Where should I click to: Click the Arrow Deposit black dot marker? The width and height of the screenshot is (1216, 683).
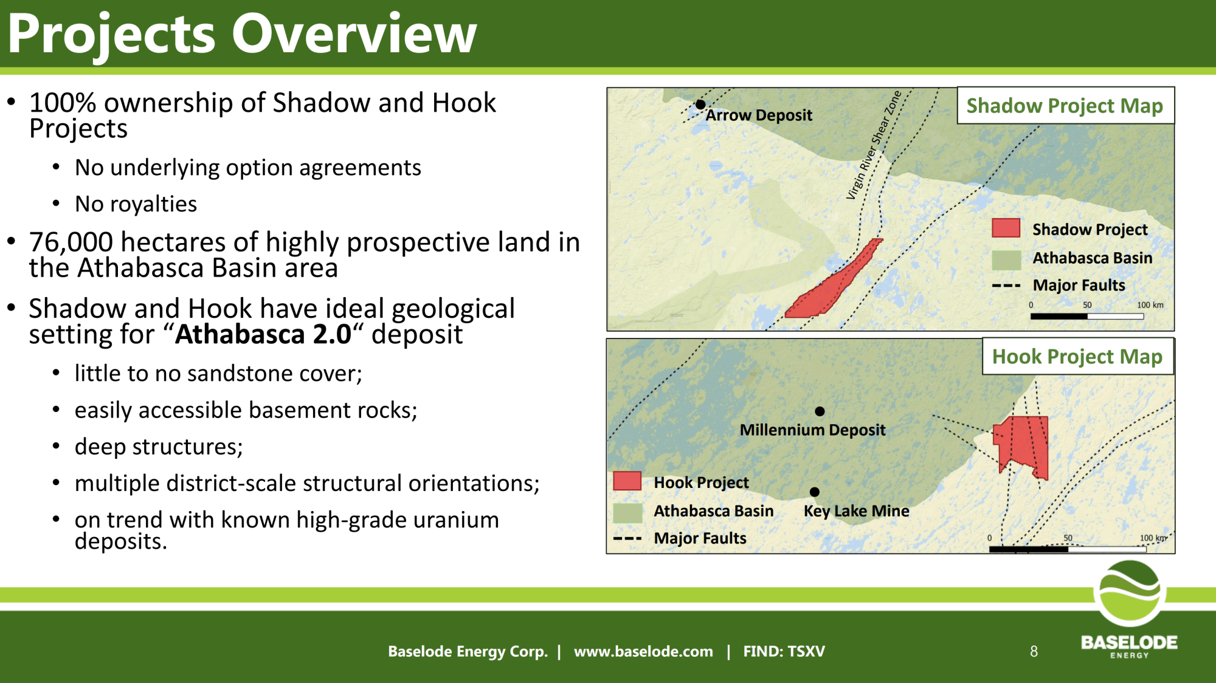click(700, 105)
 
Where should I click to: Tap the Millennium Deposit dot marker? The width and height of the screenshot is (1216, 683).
click(820, 411)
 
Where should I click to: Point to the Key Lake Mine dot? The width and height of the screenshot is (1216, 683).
click(815, 492)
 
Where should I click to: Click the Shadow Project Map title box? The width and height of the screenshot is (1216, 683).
click(1066, 106)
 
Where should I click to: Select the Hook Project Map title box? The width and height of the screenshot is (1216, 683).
click(1078, 357)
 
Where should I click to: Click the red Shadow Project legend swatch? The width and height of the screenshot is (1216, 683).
click(1006, 228)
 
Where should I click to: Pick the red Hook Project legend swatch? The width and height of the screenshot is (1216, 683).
click(627, 481)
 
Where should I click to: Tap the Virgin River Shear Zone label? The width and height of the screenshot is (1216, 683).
click(874, 145)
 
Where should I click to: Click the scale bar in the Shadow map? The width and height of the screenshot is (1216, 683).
click(1087, 316)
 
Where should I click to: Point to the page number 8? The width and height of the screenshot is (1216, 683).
click(1034, 651)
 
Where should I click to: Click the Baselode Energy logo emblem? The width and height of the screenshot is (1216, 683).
click(1130, 594)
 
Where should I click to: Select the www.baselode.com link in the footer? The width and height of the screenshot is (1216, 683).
click(643, 651)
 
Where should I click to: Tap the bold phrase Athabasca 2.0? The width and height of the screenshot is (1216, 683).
click(263, 334)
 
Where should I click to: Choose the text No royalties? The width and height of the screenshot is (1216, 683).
click(136, 204)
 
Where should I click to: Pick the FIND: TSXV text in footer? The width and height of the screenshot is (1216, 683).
click(784, 651)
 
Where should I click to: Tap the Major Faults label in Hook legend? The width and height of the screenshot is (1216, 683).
click(700, 538)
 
